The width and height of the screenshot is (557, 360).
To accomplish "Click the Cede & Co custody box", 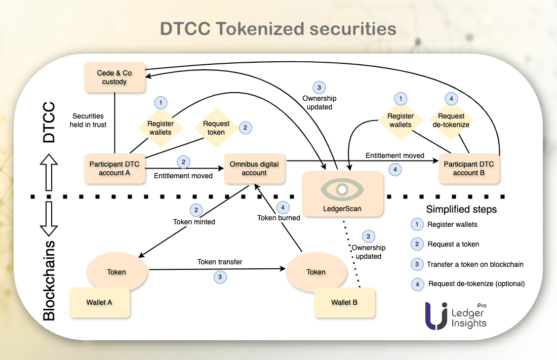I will (114, 77).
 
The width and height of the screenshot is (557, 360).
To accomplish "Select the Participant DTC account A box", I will (114, 168).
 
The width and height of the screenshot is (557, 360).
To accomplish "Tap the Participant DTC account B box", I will (469, 168).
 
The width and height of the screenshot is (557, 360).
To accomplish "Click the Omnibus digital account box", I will (254, 168).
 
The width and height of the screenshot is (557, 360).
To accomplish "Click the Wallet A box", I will (99, 302).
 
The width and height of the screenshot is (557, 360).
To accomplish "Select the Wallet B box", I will (344, 302).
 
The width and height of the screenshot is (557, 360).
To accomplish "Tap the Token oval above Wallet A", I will (116, 272).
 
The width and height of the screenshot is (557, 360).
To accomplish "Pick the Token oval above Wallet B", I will (316, 272).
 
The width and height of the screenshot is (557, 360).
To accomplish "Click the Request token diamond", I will (216, 128).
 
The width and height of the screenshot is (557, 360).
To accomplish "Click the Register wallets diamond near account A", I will (161, 128).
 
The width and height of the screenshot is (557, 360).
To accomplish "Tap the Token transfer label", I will (220, 262).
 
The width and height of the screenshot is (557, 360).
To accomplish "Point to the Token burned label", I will (278, 218).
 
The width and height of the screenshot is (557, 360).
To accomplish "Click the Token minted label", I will (194, 221).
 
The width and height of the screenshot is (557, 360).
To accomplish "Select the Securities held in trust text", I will (90, 120).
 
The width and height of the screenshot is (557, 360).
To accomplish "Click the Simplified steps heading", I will (461, 209).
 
